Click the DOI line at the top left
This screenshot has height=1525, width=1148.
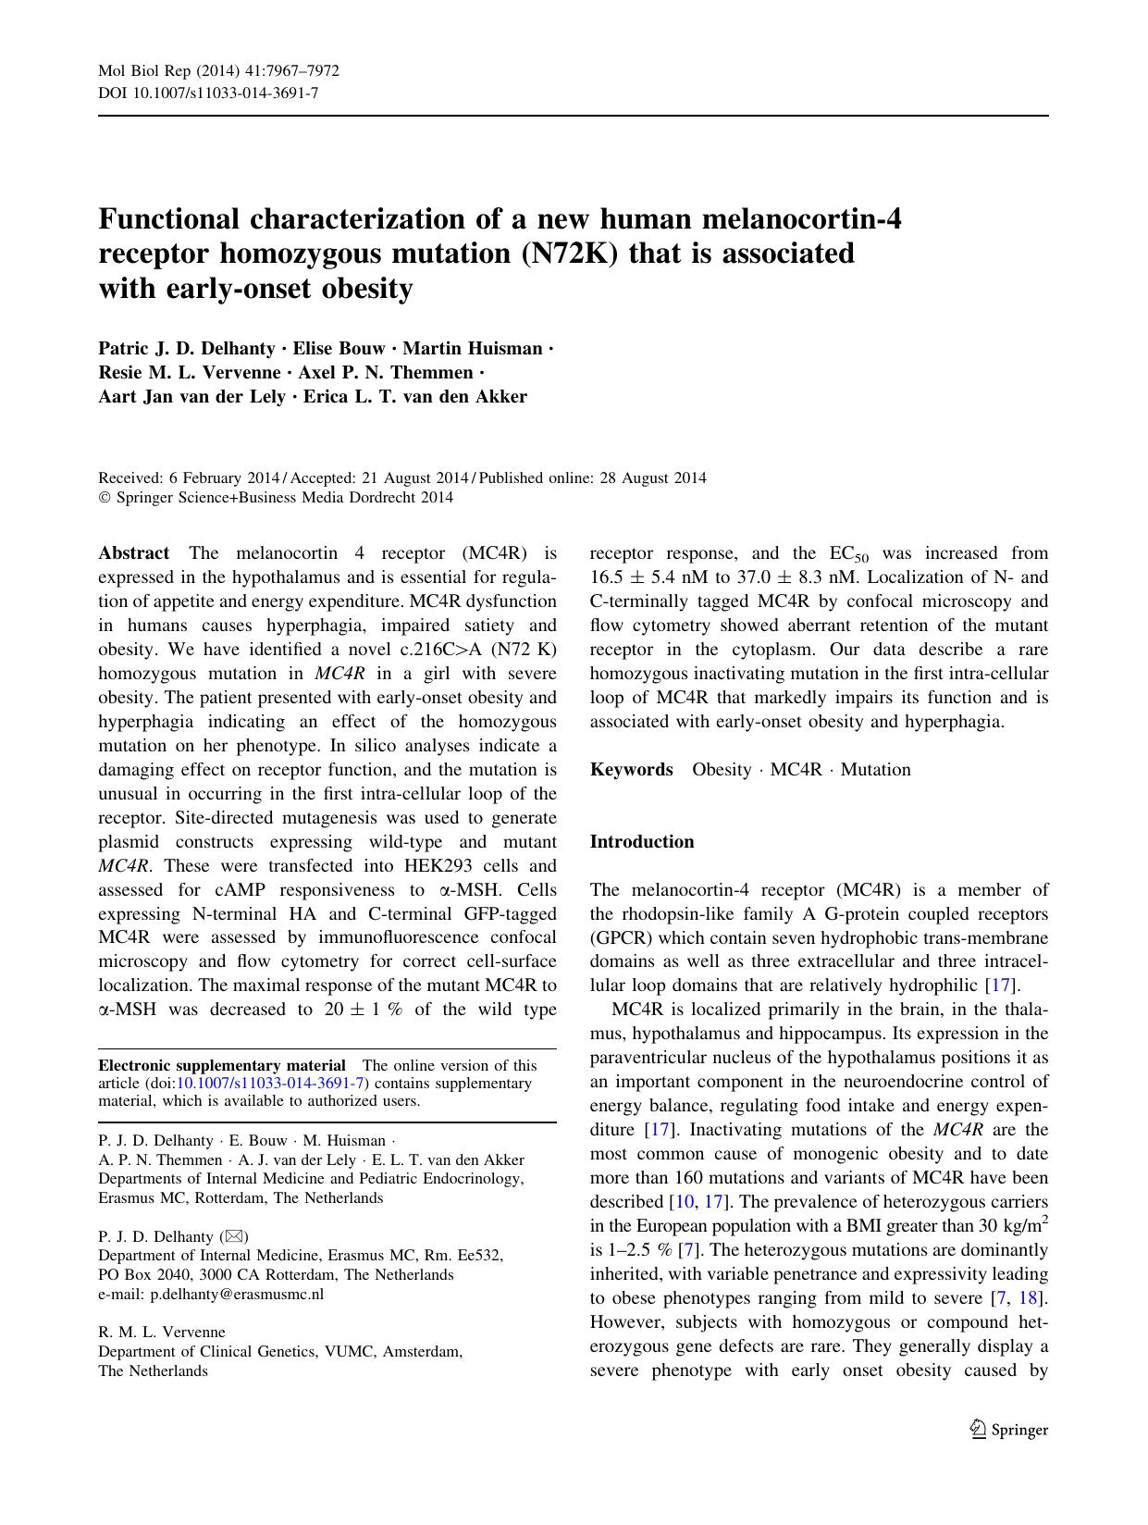pyautogui.click(x=208, y=93)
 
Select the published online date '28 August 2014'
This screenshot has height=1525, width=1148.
pyautogui.click(x=663, y=478)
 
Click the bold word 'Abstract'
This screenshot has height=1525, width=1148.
pyautogui.click(x=133, y=553)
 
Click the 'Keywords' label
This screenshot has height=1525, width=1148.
pyautogui.click(x=631, y=770)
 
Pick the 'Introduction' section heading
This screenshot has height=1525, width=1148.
pyautogui.click(x=641, y=842)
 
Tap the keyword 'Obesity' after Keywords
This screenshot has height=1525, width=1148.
pyautogui.click(x=722, y=770)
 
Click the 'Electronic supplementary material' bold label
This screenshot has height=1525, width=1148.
pyautogui.click(x=222, y=1066)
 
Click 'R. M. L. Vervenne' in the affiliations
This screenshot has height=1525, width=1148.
pyautogui.click(x=162, y=1333)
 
